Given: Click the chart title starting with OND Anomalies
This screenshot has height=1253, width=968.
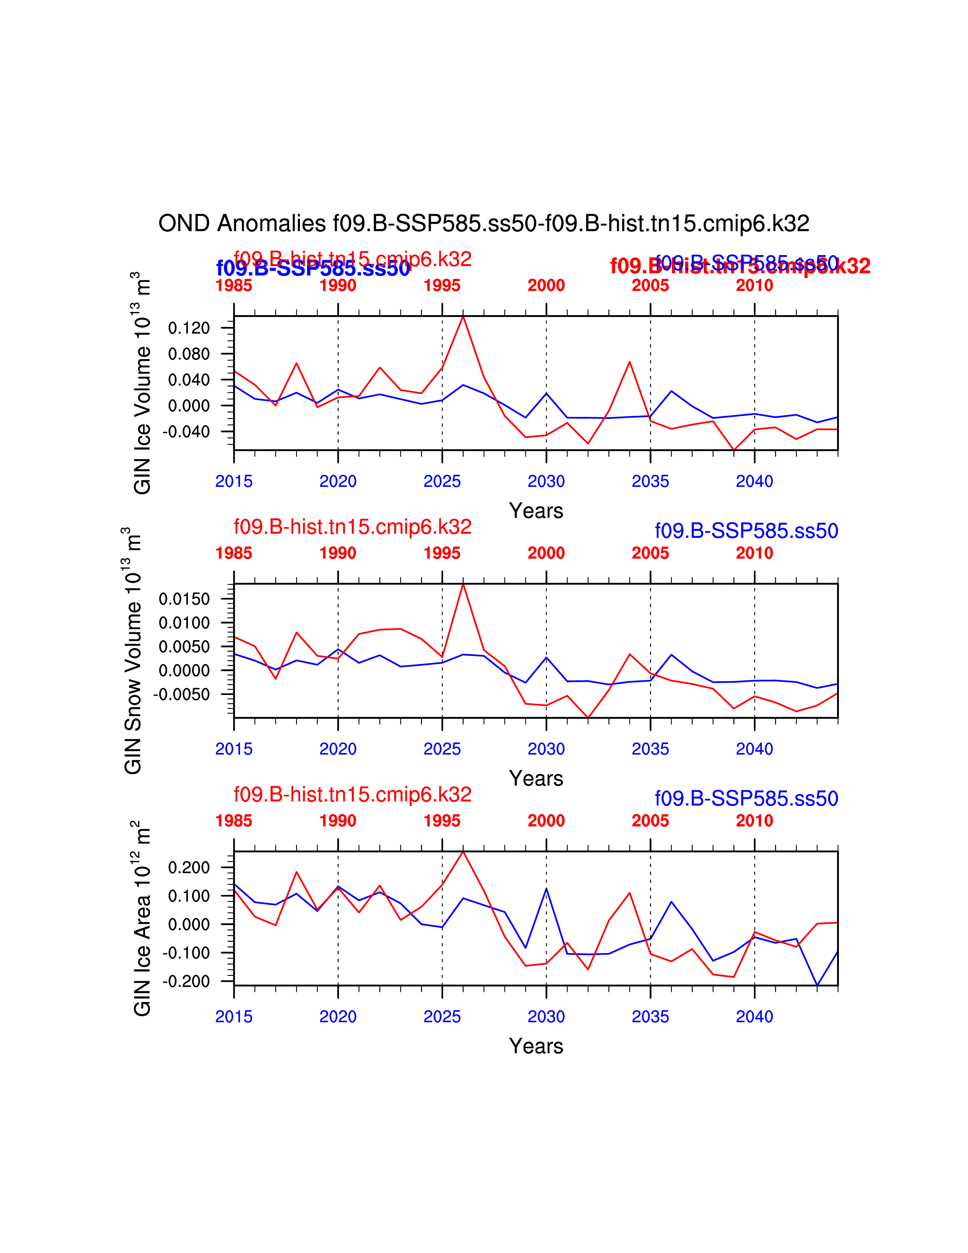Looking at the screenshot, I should click(x=483, y=223).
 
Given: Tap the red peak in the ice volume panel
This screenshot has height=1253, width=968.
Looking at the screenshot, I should click(x=463, y=317).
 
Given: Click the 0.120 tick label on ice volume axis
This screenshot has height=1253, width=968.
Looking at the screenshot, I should click(x=189, y=328).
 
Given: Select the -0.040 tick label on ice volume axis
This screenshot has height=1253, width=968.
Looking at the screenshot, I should click(x=186, y=431).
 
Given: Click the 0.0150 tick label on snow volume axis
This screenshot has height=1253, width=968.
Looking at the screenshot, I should click(x=184, y=599).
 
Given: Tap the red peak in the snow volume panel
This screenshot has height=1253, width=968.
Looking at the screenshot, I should click(x=463, y=585).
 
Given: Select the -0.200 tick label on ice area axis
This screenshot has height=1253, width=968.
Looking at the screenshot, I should click(x=186, y=982).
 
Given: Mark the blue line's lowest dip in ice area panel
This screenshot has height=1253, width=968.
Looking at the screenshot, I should click(x=817, y=985).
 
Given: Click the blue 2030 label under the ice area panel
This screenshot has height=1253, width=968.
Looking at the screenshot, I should click(x=546, y=1016).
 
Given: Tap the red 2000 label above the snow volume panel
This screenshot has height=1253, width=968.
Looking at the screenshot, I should click(x=546, y=553).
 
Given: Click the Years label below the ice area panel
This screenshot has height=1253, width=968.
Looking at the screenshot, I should click(x=536, y=1046).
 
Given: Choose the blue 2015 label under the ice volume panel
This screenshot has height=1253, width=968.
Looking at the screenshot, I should click(x=233, y=481).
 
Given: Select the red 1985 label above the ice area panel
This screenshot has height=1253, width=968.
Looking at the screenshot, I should click(x=233, y=821).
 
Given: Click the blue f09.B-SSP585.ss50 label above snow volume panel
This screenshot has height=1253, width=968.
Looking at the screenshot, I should click(x=746, y=531).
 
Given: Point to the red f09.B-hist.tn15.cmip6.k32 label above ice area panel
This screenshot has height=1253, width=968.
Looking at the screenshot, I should click(x=352, y=795).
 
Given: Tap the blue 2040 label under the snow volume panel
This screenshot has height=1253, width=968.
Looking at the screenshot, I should click(x=754, y=749).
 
